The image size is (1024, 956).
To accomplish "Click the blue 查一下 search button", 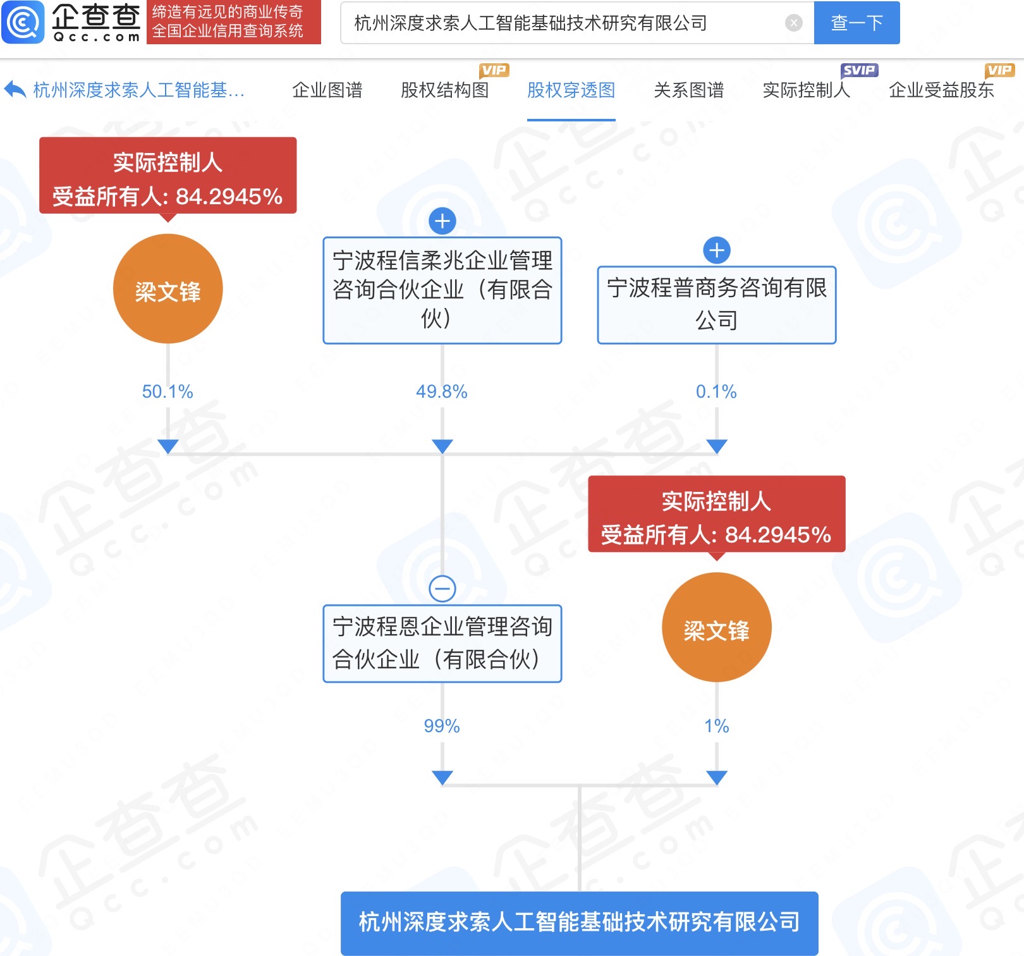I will (856, 23).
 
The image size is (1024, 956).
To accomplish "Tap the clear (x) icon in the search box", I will (793, 23).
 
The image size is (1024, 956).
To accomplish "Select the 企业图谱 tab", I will (327, 90).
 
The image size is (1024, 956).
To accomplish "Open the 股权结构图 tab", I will (445, 90).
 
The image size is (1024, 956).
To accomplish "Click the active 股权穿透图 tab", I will (571, 90).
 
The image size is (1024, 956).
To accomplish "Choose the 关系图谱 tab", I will (689, 90).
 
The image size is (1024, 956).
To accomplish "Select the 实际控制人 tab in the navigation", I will (806, 90).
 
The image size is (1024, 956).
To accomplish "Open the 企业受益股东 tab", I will (941, 90).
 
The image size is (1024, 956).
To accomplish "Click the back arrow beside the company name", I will (15, 90).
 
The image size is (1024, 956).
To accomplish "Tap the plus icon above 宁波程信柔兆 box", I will (442, 221).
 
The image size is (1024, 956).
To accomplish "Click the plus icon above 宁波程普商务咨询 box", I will (717, 250).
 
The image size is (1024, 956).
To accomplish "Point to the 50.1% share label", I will (168, 391).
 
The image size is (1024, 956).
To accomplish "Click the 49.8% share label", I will (442, 391).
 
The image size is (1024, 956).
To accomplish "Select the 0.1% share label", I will (716, 391).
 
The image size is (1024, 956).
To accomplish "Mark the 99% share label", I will (442, 726).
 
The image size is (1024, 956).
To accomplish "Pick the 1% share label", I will (717, 726).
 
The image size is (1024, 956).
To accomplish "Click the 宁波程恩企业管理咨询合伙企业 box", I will (442, 644).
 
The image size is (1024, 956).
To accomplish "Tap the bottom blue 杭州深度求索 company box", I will (579, 922).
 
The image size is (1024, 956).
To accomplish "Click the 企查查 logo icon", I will (23, 23).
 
